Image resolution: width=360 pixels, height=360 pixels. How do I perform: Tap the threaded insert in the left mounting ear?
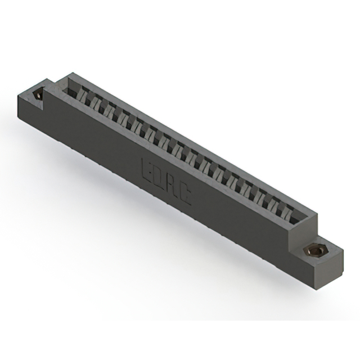(38, 95)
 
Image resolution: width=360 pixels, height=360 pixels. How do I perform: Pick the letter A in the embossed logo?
(171, 187)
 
